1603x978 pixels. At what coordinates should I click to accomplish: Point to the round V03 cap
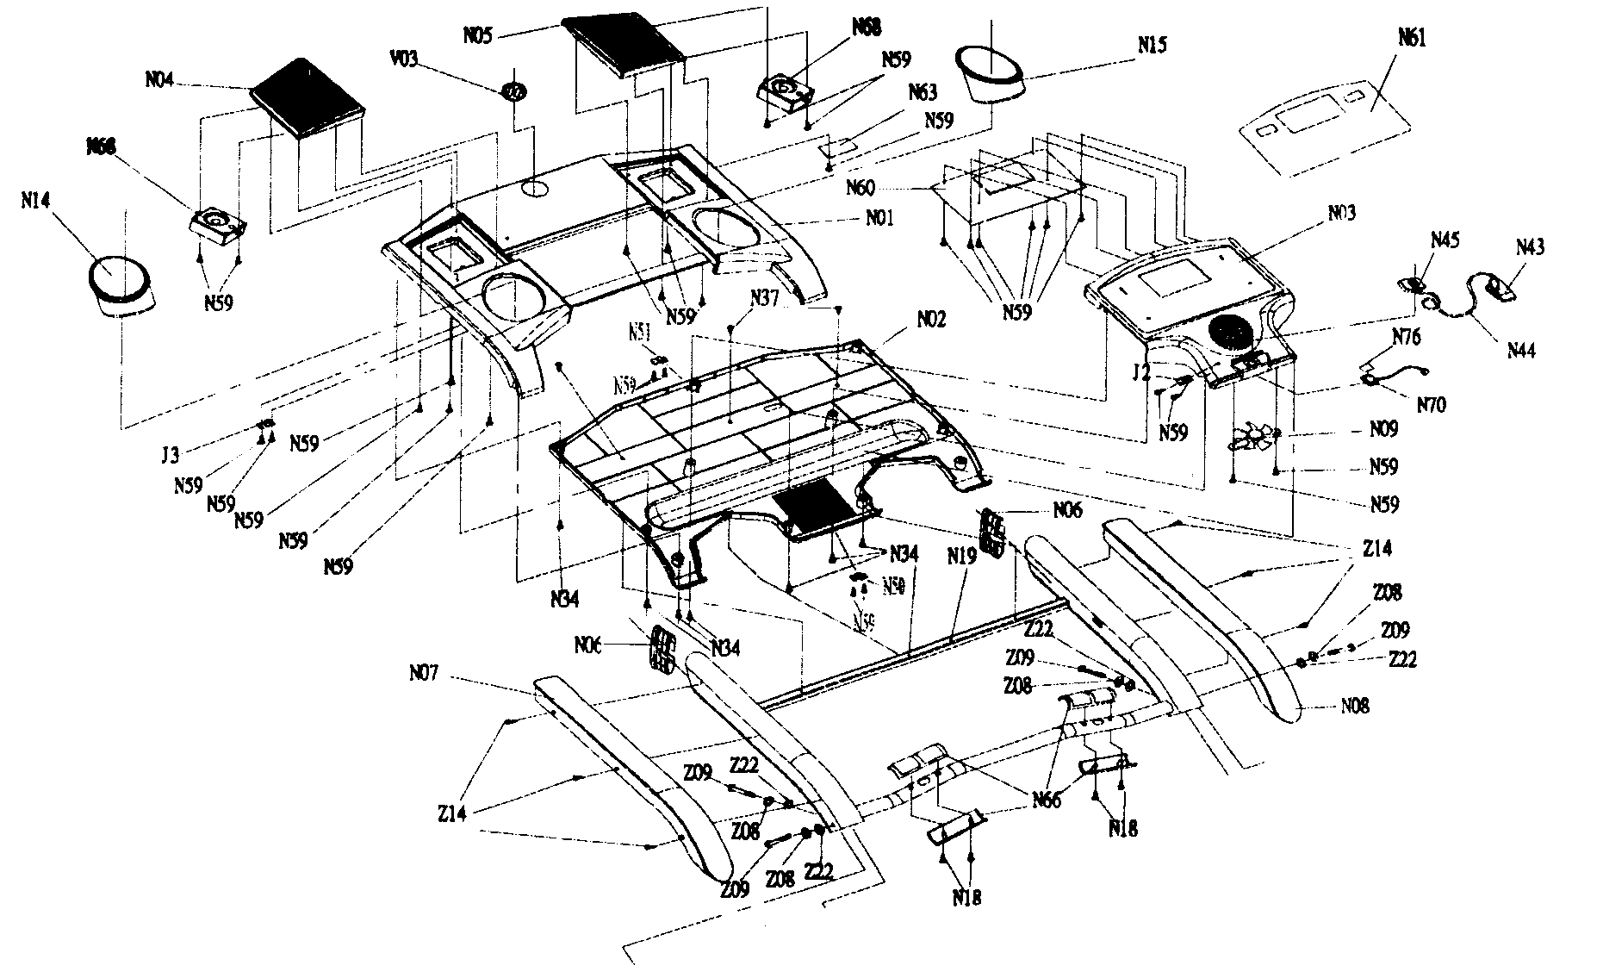pyautogui.click(x=514, y=90)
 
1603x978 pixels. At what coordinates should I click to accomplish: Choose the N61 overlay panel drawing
pyautogui.click(x=1324, y=126)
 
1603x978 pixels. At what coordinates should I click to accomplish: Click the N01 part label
pyautogui.click(x=879, y=219)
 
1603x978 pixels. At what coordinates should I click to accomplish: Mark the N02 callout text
pyautogui.click(x=931, y=320)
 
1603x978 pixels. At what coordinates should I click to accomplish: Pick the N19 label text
pyautogui.click(x=961, y=557)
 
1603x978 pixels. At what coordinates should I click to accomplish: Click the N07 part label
pyautogui.click(x=424, y=672)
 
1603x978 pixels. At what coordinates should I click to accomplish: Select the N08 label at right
pyautogui.click(x=1354, y=707)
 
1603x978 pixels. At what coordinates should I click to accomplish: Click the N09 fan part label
pyautogui.click(x=1384, y=428)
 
